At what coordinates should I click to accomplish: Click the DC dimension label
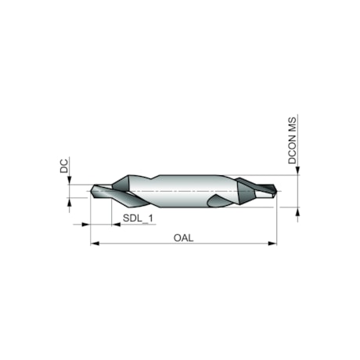click(63, 165)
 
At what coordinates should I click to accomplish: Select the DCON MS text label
click(292, 141)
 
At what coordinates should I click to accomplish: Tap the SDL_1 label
click(137, 218)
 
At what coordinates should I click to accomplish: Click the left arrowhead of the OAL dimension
click(95, 243)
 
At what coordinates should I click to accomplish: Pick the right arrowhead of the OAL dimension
click(273, 243)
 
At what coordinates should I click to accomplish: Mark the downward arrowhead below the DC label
click(70, 181)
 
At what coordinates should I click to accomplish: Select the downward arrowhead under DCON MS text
click(298, 171)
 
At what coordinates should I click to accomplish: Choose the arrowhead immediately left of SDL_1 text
click(115, 225)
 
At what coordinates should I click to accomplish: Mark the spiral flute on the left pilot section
click(106, 192)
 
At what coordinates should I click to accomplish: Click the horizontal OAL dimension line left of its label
click(133, 243)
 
